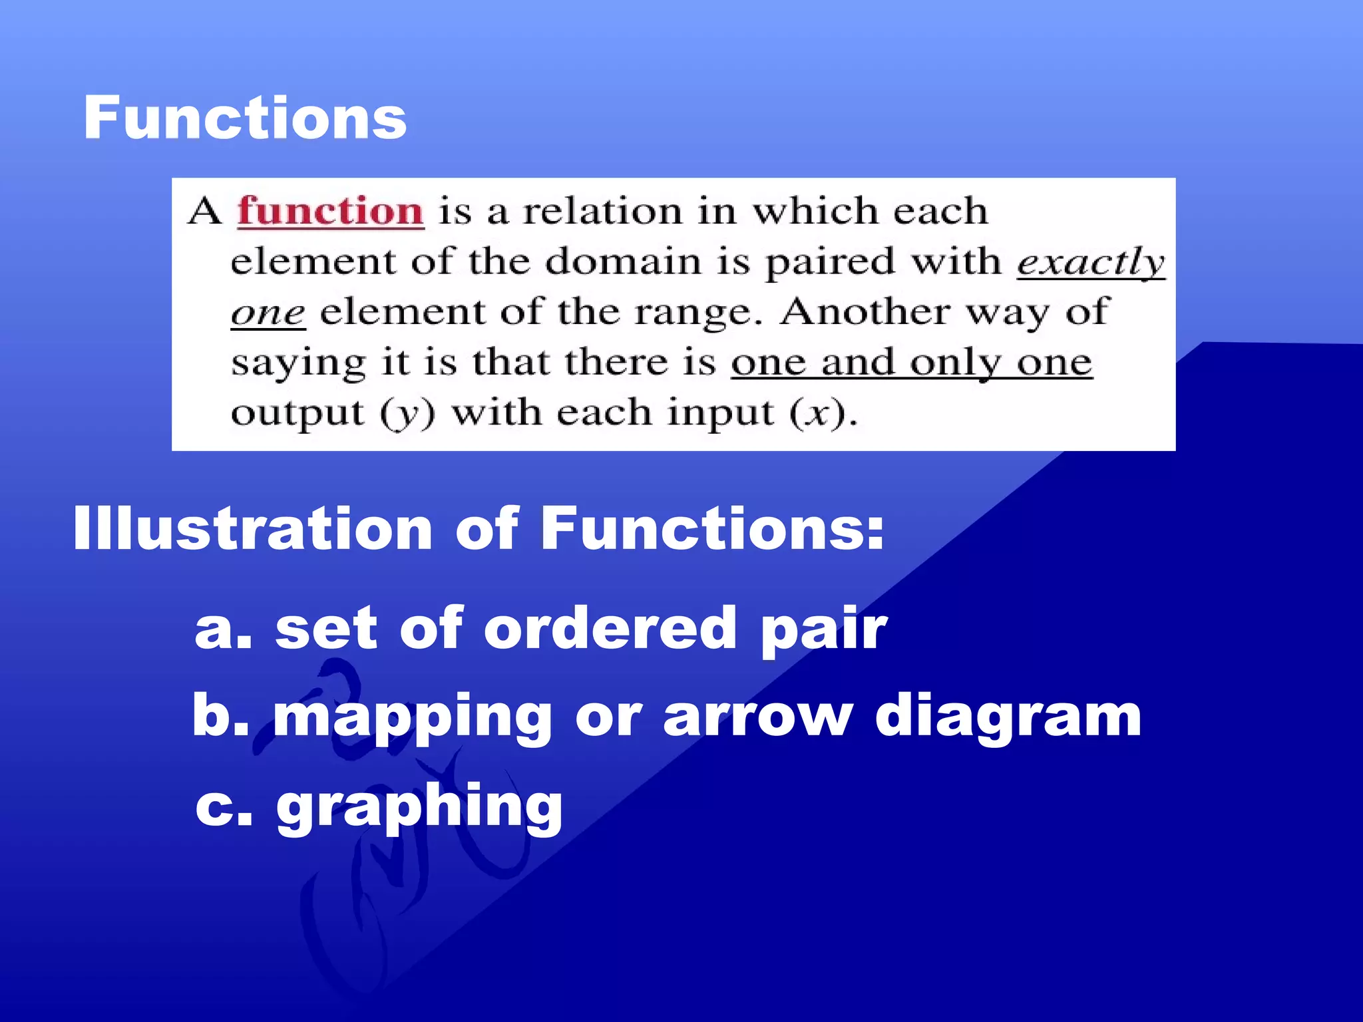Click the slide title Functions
point(245,118)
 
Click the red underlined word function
point(331,212)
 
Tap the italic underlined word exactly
point(1091,262)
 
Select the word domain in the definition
point(624,261)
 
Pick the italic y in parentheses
point(407,414)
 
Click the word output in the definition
point(297,414)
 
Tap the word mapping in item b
point(412,719)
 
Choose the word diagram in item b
point(1008,719)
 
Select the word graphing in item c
point(419,807)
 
